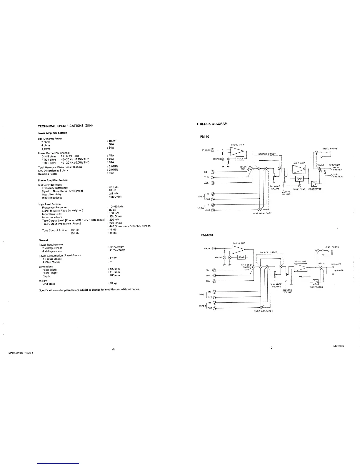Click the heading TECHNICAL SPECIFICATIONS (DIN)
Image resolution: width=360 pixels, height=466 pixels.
(65, 126)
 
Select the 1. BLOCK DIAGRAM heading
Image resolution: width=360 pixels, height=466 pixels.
(212, 124)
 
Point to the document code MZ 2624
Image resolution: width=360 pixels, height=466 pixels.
(339, 346)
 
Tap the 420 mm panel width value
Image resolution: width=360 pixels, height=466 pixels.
(114, 269)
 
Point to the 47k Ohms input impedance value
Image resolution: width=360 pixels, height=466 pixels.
(115, 197)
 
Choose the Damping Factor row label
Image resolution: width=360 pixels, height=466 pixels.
(48, 174)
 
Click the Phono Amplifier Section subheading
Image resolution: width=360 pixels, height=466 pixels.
(53, 180)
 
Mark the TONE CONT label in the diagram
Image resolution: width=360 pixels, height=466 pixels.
(299, 189)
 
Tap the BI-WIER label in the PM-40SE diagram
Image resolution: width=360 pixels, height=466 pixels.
(339, 271)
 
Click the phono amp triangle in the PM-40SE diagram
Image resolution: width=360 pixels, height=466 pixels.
(238, 249)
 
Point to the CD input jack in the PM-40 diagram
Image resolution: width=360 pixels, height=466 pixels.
(212, 172)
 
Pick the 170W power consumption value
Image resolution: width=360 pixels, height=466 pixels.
(113, 258)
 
